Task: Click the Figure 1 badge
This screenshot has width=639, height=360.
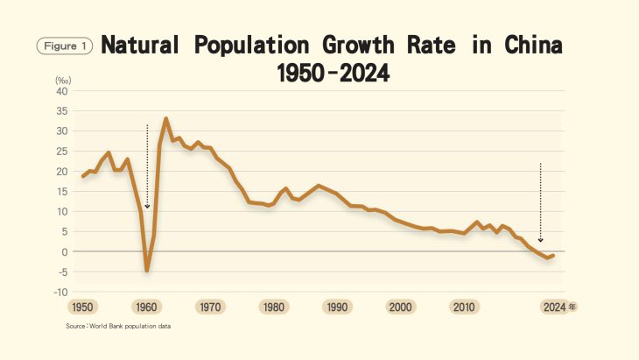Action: (x=63, y=46)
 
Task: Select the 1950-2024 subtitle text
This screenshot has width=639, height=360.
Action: (x=333, y=74)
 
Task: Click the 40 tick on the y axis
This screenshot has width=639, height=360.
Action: (x=61, y=91)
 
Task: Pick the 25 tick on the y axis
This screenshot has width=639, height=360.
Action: (x=61, y=152)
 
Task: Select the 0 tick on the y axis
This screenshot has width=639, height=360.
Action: (x=64, y=251)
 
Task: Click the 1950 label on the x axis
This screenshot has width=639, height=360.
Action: (x=82, y=307)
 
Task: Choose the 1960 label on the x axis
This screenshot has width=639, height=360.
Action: (x=146, y=307)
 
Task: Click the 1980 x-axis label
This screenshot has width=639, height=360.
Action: (x=273, y=307)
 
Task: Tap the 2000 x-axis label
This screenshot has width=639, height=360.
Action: (x=401, y=307)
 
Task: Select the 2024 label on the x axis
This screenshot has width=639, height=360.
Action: (x=553, y=307)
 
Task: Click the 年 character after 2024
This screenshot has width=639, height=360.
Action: (x=572, y=307)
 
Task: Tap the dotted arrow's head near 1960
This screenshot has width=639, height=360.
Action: (x=147, y=207)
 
